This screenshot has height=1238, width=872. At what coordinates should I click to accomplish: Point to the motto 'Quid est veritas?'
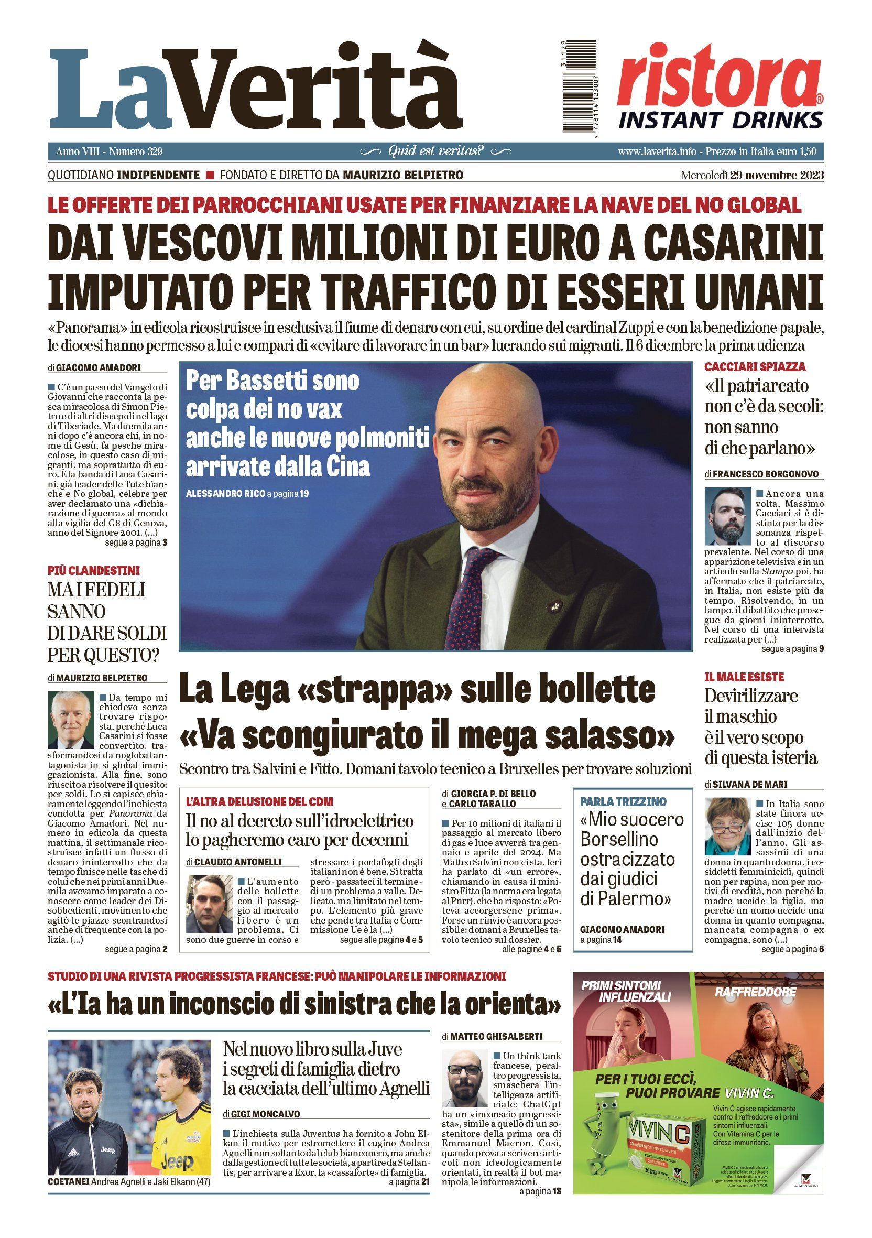pyautogui.click(x=435, y=151)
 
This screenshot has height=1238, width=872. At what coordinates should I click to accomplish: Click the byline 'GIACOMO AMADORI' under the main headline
pyautogui.click(x=98, y=368)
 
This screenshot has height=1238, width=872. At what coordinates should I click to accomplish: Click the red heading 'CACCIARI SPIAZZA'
pyautogui.click(x=755, y=367)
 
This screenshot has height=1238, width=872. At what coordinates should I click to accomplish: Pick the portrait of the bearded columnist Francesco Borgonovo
pyautogui.click(x=727, y=517)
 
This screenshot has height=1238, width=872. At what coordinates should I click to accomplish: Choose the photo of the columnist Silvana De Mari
pyautogui.click(x=727, y=827)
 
